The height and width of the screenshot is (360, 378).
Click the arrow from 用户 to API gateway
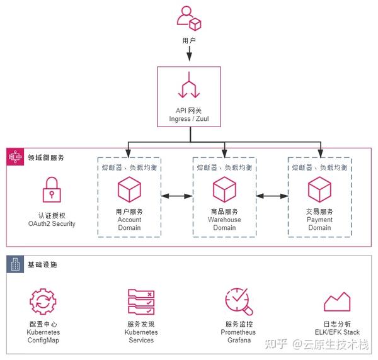[190, 53]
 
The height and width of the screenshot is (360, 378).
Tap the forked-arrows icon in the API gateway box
[189, 85]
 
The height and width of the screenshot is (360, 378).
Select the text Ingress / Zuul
[189, 119]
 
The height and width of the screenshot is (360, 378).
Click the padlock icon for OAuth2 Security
[52, 189]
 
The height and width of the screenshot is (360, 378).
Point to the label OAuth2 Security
[52, 223]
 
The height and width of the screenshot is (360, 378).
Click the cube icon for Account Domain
[129, 189]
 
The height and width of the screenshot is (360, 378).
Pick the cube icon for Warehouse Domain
[224, 189]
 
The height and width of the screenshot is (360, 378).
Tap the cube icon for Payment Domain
[319, 189]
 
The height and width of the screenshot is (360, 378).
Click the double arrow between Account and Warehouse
[177, 196]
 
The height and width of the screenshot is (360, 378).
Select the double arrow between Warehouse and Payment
[272, 196]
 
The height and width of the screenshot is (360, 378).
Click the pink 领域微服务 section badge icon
[15, 157]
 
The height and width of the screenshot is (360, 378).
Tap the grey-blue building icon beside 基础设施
[15, 264]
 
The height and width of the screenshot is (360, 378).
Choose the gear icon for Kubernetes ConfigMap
[43, 301]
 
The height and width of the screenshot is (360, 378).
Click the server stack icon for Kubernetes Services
[141, 301]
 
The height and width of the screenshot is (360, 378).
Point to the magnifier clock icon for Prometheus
[239, 301]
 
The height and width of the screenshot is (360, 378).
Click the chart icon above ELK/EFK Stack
[337, 301]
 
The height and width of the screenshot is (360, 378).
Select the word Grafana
[239, 340]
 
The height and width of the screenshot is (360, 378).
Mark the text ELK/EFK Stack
[337, 332]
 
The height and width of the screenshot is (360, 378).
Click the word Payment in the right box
[319, 220]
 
